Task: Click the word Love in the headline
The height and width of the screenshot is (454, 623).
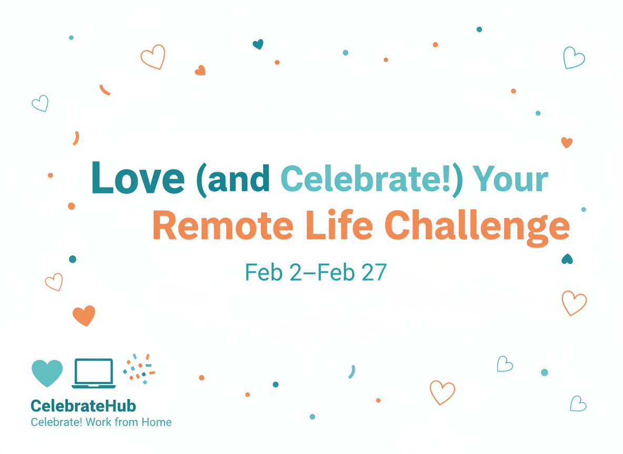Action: (x=138, y=178)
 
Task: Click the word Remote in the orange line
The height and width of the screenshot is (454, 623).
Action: (x=223, y=225)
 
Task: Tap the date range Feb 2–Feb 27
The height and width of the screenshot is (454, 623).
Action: (x=316, y=272)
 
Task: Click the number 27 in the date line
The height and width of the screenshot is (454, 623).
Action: (x=374, y=272)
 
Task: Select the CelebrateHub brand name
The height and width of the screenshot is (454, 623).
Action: (x=84, y=406)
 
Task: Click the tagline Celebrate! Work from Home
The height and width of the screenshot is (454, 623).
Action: (x=102, y=422)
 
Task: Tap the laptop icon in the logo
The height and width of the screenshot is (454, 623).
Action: (x=94, y=373)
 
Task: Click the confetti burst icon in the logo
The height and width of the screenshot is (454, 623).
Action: (x=139, y=369)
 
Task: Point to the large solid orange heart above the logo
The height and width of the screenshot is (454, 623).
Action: (x=84, y=316)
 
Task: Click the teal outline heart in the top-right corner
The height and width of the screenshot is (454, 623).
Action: (x=574, y=58)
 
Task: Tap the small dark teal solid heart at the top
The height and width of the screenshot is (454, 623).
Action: (x=258, y=44)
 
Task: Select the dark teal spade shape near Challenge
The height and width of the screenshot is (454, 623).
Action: (x=567, y=259)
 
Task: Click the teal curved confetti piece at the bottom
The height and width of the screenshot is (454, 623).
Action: (x=353, y=372)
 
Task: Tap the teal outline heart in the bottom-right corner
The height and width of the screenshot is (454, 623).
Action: (x=578, y=404)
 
